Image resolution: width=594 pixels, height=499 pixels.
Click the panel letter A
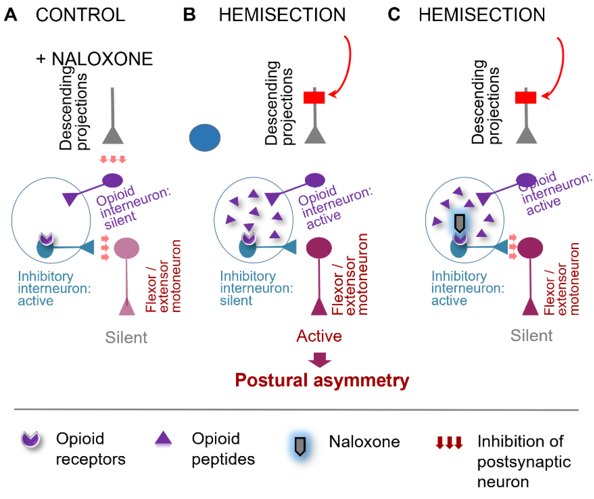click(x=11, y=15)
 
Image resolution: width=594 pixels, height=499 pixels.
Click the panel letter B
click(x=189, y=15)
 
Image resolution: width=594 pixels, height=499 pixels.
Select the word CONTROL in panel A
click(x=80, y=15)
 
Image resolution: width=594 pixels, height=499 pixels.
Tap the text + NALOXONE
click(x=94, y=59)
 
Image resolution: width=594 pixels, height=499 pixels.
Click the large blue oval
click(x=205, y=138)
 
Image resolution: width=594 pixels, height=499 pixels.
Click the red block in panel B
click(x=314, y=97)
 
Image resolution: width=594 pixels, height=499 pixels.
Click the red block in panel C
click(x=526, y=97)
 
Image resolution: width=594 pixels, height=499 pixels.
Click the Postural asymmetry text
click(x=322, y=380)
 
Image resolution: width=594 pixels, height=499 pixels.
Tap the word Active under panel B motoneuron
click(x=319, y=336)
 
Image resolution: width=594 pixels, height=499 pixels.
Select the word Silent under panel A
click(x=126, y=337)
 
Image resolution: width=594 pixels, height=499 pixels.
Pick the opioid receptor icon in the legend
click(x=31, y=439)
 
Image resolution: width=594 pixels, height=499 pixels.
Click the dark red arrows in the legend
click(x=449, y=442)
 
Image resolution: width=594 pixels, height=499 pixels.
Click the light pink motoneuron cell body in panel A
click(x=126, y=248)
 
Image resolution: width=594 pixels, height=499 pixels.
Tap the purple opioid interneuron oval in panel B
click(x=315, y=180)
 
